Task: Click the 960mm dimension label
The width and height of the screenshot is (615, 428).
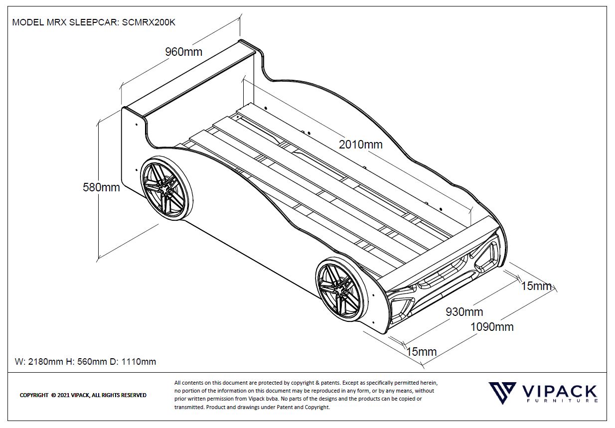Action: pyautogui.click(x=184, y=52)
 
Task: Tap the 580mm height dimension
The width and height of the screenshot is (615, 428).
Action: pyautogui.click(x=101, y=187)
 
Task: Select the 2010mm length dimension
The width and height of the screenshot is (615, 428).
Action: pyautogui.click(x=360, y=144)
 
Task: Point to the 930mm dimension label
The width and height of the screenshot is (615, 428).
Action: pyautogui.click(x=464, y=312)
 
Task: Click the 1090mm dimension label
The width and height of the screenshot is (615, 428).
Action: pyautogui.click(x=492, y=327)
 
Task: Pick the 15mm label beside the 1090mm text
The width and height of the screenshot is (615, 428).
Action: pyautogui.click(x=536, y=286)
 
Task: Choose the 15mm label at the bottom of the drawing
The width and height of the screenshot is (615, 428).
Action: pyautogui.click(x=421, y=352)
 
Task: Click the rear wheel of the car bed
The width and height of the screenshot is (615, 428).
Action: pyautogui.click(x=166, y=188)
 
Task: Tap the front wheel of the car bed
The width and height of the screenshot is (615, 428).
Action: pyautogui.click(x=341, y=289)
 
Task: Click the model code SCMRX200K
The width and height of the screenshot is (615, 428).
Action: pyautogui.click(x=149, y=22)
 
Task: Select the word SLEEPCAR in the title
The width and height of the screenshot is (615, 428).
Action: pyautogui.click(x=94, y=22)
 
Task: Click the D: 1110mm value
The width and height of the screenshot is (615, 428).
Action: pyautogui.click(x=133, y=362)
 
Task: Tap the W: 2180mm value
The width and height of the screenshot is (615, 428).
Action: pyautogui.click(x=39, y=362)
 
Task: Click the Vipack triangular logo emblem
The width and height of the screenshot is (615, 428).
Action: pyautogui.click(x=502, y=393)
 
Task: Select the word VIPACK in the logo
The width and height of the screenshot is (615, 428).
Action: pyautogui.click(x=559, y=392)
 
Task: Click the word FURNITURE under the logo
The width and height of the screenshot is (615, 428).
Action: pyautogui.click(x=562, y=401)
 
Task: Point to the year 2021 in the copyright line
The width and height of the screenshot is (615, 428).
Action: pyautogui.click(x=63, y=395)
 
